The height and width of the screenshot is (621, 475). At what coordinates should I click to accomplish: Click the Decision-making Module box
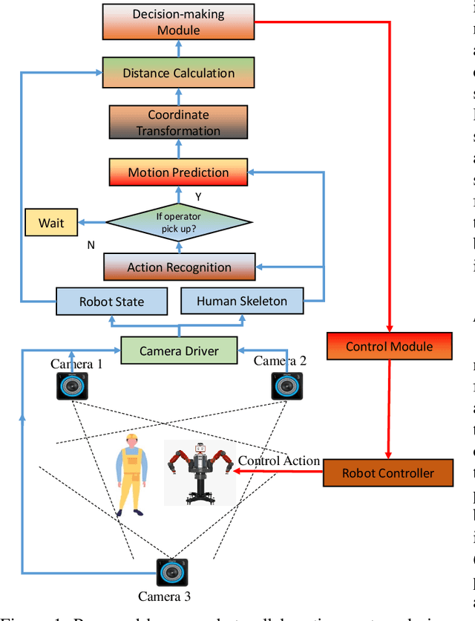click(x=178, y=22)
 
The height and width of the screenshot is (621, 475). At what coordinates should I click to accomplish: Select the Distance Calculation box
click(x=178, y=73)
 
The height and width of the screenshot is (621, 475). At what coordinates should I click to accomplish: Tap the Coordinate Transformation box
click(x=178, y=123)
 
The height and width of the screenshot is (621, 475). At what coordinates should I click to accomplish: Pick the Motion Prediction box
click(x=178, y=172)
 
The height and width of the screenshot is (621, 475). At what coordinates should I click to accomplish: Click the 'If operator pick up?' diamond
click(x=179, y=221)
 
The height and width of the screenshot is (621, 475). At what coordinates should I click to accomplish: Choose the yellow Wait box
click(x=51, y=223)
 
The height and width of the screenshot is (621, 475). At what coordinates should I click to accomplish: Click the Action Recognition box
click(x=179, y=267)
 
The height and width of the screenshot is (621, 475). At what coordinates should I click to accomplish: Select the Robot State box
click(x=111, y=302)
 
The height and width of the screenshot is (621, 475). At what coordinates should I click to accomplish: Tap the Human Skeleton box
click(x=242, y=301)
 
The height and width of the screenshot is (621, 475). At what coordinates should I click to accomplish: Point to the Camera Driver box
click(x=179, y=350)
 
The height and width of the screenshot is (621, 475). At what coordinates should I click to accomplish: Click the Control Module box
click(x=389, y=346)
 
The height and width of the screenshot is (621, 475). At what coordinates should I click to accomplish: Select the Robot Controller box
click(x=388, y=472)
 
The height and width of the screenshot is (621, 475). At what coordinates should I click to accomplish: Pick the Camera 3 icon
click(x=171, y=573)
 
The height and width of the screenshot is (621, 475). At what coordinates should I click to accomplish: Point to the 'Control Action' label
click(x=278, y=461)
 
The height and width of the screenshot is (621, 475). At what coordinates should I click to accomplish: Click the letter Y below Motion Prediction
click(x=198, y=197)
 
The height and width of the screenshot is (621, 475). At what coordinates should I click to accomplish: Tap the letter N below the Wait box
click(x=91, y=244)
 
